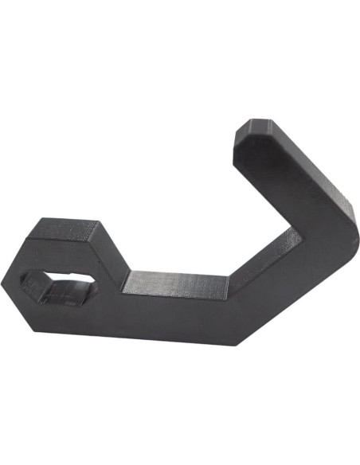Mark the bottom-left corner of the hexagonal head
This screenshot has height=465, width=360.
point(33,328)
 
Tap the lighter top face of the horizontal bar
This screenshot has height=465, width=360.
point(175,281)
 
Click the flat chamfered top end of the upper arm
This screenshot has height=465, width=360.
point(253,127)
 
